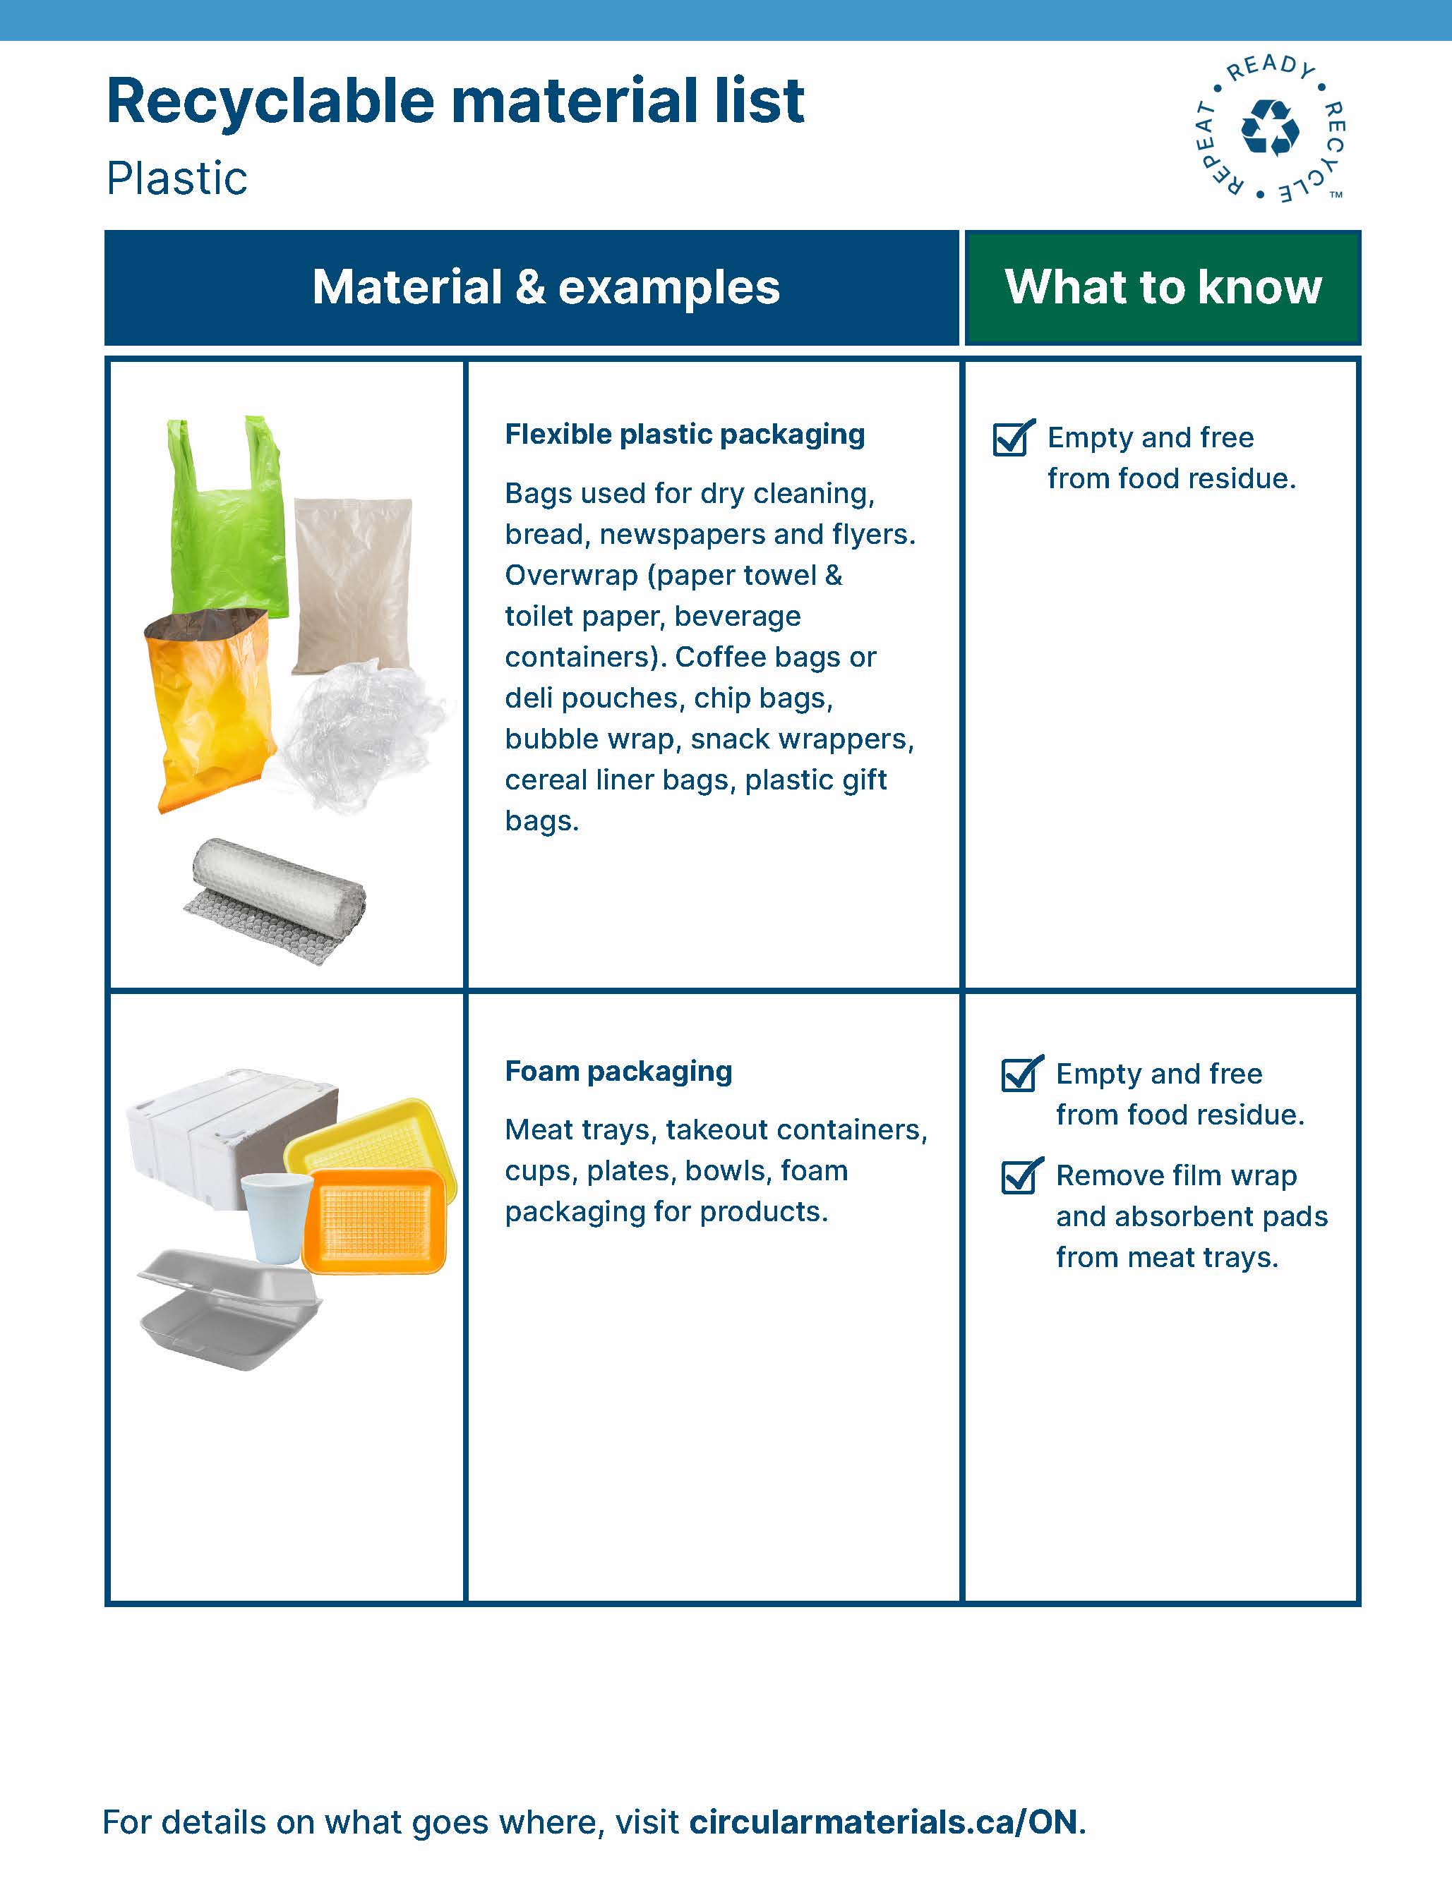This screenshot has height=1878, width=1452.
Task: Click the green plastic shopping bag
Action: [x=225, y=525]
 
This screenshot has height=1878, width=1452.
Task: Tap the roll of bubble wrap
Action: [x=275, y=900]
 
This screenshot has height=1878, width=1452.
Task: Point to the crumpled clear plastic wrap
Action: [x=361, y=735]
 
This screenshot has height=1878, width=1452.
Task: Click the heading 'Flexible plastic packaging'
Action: [x=685, y=435]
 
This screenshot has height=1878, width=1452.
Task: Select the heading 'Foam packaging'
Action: [x=618, y=1072]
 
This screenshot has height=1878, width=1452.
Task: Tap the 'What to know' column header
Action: [x=1163, y=287]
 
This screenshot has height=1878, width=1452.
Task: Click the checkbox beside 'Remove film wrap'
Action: [x=1022, y=1175]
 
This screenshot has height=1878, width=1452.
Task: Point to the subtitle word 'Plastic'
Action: [x=177, y=179]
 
